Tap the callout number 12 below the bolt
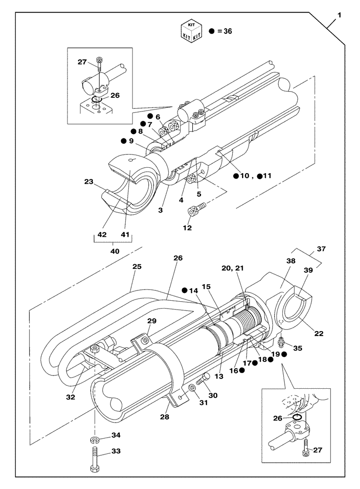pyautogui.click(x=188, y=227)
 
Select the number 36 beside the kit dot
pyautogui.click(x=226, y=31)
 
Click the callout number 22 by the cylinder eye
pyautogui.click(x=318, y=333)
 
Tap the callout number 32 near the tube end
pyautogui.click(x=70, y=397)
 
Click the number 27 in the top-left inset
pyautogui.click(x=82, y=62)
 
